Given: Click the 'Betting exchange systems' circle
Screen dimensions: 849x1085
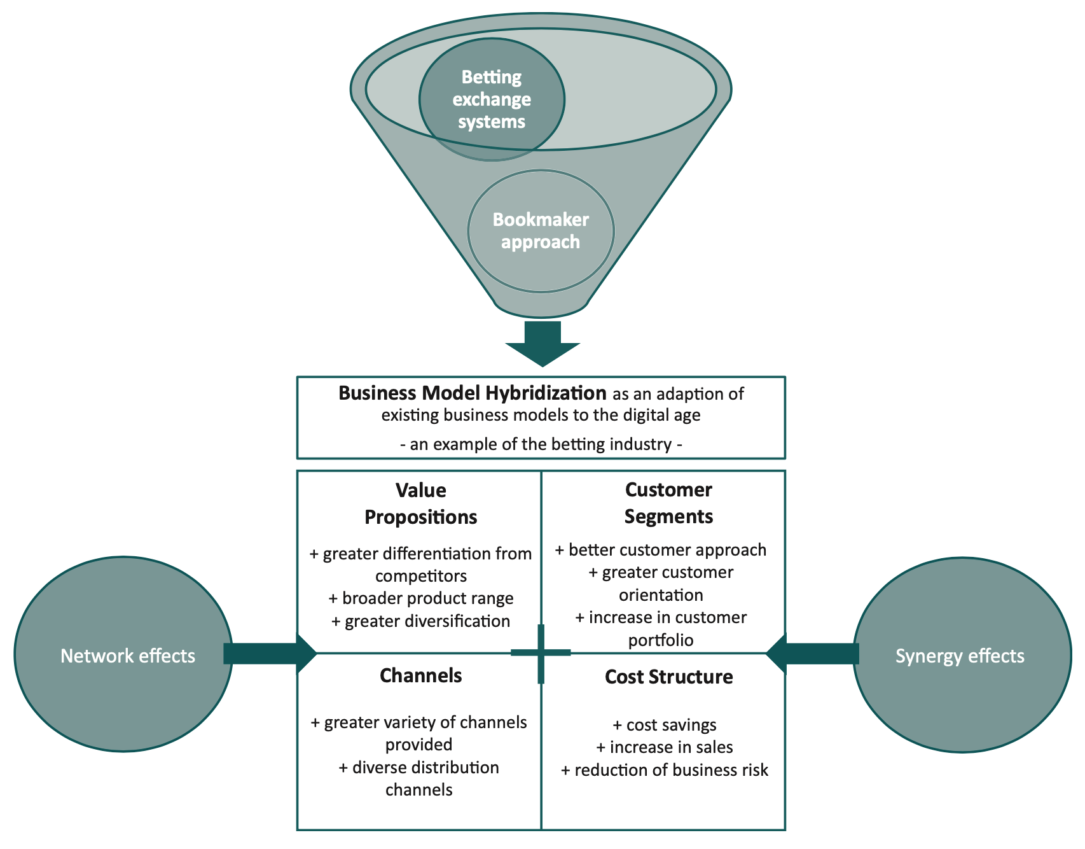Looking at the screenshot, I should point(492,99).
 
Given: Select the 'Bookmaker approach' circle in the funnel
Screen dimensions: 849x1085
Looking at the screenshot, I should point(541,230).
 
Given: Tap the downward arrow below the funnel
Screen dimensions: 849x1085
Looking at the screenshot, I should point(542,344).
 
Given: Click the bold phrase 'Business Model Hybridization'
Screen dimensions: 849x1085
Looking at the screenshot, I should point(472,393).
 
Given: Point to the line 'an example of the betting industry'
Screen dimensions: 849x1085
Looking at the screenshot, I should point(541,444).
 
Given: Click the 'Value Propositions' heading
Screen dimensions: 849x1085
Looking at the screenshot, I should point(420,503).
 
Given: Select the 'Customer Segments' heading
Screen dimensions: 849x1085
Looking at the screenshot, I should point(668,503).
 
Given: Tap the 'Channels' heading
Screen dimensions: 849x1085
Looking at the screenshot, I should point(420,675).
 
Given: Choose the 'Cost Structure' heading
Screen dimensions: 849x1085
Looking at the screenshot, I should point(668,677).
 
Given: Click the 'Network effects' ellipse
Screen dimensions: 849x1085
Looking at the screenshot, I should point(124,656).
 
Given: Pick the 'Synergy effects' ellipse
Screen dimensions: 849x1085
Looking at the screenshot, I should point(961,656).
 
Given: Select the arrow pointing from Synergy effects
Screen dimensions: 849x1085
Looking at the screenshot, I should point(813,654).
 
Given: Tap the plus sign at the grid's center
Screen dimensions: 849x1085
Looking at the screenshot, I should point(541,653).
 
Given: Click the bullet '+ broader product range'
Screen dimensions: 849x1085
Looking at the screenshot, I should point(421,598).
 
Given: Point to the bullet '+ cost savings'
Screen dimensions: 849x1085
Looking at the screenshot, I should point(665,725).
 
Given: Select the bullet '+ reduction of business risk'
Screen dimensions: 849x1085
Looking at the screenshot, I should point(665,770).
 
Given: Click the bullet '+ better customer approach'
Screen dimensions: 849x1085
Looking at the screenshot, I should point(661,550).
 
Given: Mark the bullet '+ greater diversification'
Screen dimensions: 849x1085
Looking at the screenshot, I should point(421,621).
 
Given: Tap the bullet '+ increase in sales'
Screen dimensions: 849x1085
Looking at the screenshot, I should point(665,747).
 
